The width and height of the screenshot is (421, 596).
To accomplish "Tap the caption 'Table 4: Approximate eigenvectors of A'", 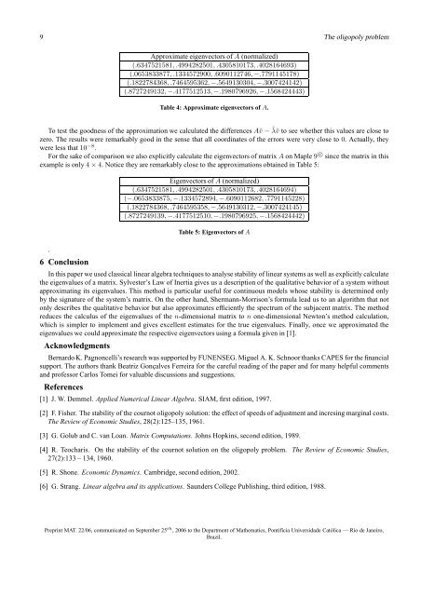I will click(x=210, y=108).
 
